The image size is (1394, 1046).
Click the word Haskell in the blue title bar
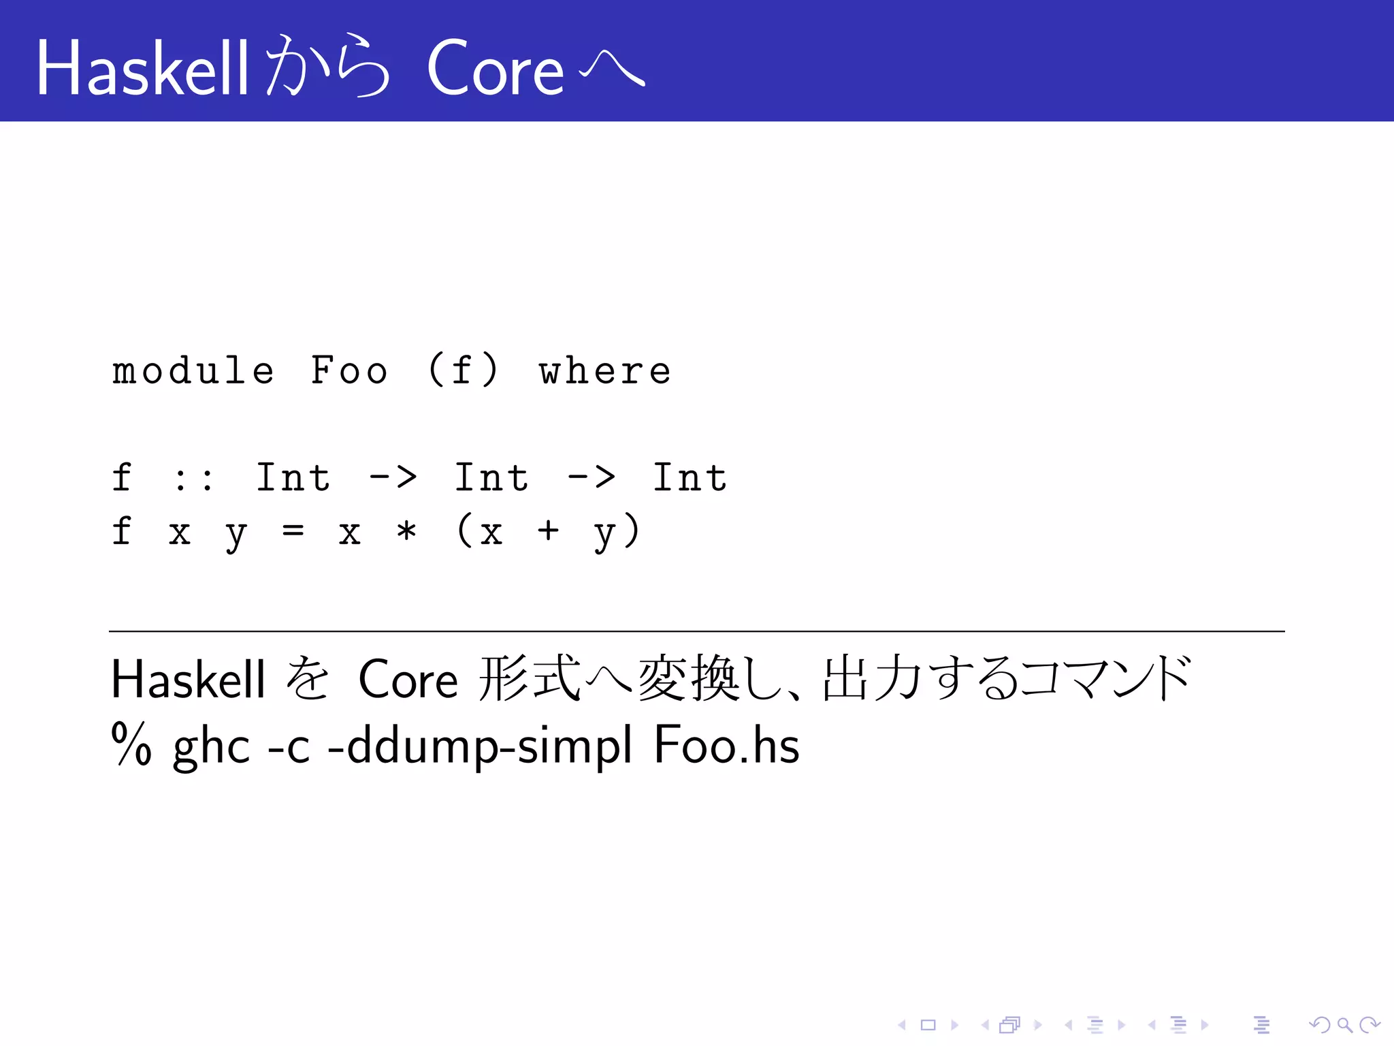[x=142, y=68]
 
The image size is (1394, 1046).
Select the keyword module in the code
[x=193, y=371]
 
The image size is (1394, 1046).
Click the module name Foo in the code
[x=349, y=371]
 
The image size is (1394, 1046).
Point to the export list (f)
[x=464, y=371]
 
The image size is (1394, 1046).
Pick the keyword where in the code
[x=604, y=371]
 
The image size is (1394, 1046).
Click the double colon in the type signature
[x=193, y=478]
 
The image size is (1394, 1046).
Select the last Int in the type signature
[x=690, y=478]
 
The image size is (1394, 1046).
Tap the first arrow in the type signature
[x=393, y=478]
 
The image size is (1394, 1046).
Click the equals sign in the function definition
[x=293, y=531]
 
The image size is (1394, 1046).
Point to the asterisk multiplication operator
[x=406, y=531]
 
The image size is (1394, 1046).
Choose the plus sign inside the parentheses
[x=548, y=531]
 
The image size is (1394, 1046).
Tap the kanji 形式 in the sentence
[x=530, y=680]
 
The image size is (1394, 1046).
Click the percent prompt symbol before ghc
[x=131, y=745]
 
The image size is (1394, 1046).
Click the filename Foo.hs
[x=726, y=745]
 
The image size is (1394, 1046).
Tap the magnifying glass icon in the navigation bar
[x=1344, y=1025]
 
